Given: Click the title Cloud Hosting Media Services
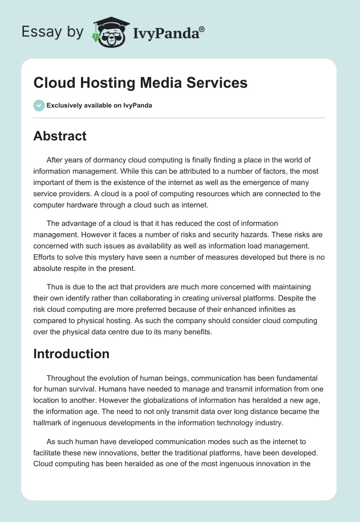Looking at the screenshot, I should tap(140, 83).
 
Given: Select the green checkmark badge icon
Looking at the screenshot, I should tap(39, 105).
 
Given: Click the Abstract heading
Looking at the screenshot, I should tap(60, 136).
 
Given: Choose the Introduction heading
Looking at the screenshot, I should tap(71, 354).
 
